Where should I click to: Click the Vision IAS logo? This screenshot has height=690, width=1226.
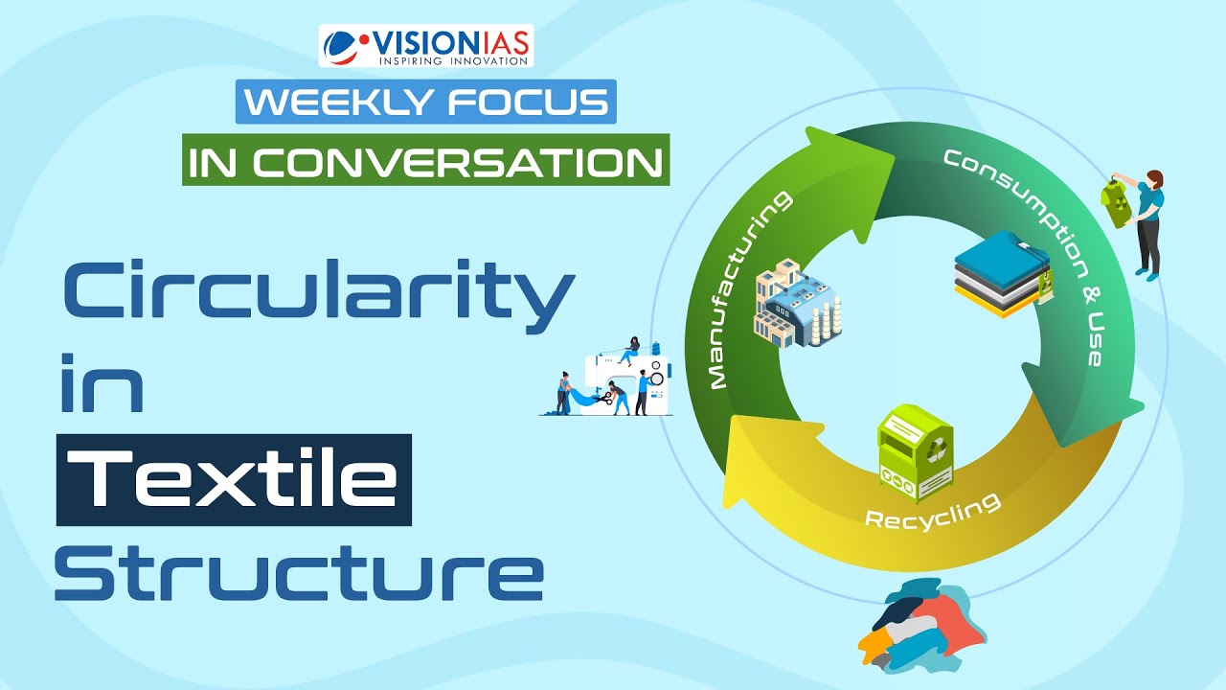[x=425, y=46]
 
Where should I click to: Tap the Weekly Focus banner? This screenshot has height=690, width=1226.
[x=425, y=103]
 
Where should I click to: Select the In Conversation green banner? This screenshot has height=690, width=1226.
[x=425, y=161]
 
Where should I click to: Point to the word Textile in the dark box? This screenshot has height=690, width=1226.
[x=235, y=479]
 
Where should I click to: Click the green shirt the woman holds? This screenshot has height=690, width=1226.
[x=1117, y=204]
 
